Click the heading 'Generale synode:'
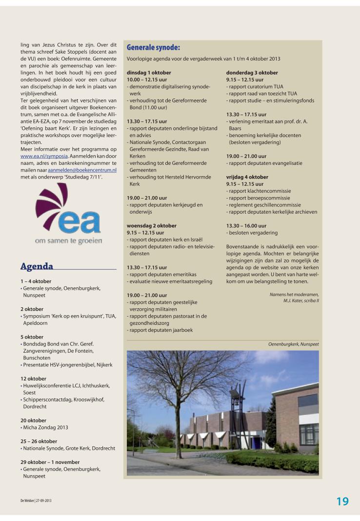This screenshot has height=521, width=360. point(153,47)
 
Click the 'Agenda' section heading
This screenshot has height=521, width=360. point(37,266)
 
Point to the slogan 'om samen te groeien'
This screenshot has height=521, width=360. point(68,241)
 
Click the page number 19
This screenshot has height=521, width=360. point(342,501)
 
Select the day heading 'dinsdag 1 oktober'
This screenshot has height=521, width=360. point(149,73)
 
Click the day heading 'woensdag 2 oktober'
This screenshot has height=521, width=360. point(152,226)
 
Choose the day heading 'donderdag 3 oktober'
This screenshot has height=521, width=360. point(252,73)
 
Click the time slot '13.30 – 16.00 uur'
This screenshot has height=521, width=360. point(246,226)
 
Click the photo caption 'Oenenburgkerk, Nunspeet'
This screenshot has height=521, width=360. point(293,344)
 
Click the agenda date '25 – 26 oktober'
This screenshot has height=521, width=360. point(39,441)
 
